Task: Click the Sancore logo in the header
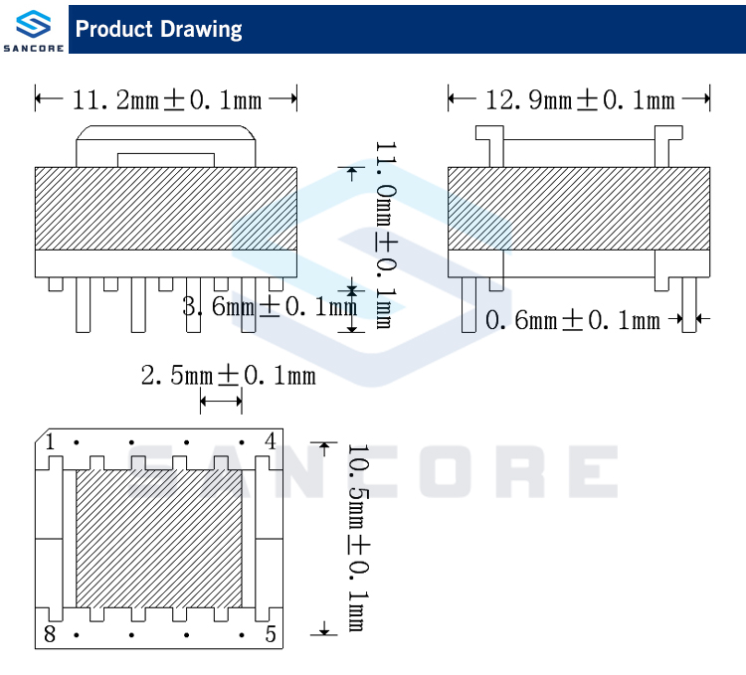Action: [33, 27]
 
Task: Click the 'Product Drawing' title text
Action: [159, 29]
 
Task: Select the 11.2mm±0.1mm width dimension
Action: [167, 99]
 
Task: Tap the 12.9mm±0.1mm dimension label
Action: [580, 99]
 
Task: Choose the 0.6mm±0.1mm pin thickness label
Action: [572, 320]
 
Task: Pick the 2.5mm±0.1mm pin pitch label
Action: [228, 375]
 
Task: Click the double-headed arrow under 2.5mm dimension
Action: [221, 401]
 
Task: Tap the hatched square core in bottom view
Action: [159, 538]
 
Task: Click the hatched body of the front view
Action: [166, 207]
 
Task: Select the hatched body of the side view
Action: [579, 207]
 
